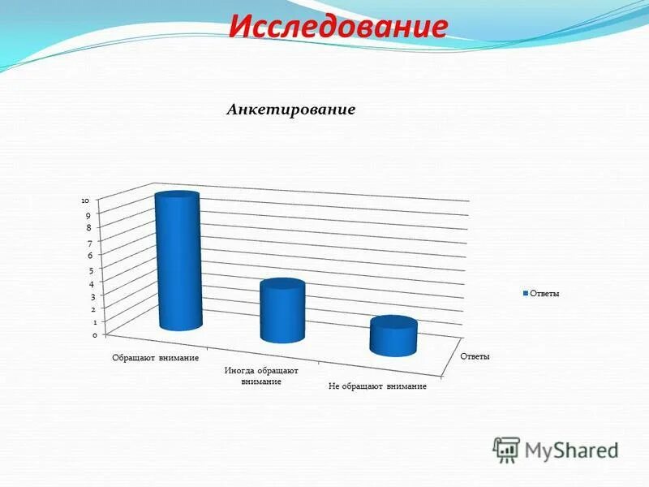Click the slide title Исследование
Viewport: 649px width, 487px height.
coord(337,26)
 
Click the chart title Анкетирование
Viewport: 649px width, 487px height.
coord(290,110)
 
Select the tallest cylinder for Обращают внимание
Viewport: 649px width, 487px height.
coord(178,261)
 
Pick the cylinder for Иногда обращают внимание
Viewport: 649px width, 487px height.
coord(282,311)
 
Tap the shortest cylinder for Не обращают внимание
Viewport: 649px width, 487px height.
coord(393,336)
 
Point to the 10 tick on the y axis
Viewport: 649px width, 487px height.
coord(85,200)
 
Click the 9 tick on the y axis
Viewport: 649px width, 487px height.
coord(88,215)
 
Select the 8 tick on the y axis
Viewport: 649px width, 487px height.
coord(88,228)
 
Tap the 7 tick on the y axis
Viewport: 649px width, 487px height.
coord(89,242)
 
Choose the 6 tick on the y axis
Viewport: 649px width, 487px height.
coord(91,256)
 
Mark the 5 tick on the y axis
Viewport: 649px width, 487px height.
coord(92,270)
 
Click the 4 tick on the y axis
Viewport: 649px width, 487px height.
coord(92,284)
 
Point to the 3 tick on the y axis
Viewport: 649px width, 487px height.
coord(93,297)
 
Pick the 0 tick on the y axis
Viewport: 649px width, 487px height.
coord(95,334)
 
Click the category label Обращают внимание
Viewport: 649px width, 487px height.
coord(156,358)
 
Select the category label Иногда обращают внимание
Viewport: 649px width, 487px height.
coord(261,376)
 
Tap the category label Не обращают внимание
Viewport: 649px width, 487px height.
coord(377,387)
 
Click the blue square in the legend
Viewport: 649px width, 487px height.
coord(526,294)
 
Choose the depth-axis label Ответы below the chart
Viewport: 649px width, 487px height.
coord(475,356)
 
